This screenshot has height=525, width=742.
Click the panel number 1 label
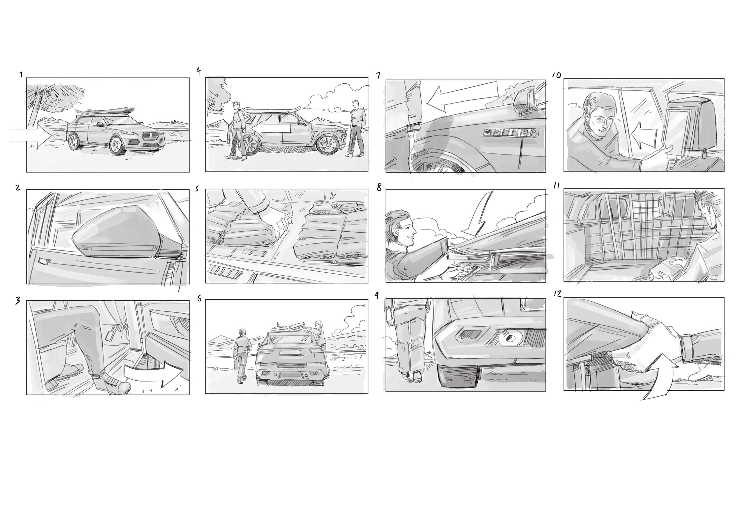click(21, 74)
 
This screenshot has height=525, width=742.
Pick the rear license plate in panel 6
click(288, 353)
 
